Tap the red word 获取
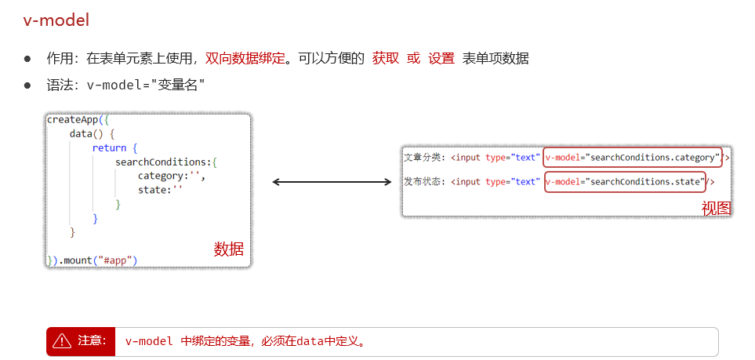point(386,58)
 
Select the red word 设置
point(441,58)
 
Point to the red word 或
point(413,58)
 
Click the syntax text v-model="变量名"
point(146,84)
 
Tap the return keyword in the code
point(108,147)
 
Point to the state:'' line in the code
point(160,190)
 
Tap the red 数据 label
point(229,249)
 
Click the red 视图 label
point(716,208)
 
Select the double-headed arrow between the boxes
point(332,182)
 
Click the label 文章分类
point(423,158)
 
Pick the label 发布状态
point(423,182)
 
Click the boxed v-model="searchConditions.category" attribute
point(632,158)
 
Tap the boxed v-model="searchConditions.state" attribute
point(624,182)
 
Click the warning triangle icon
point(62,341)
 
